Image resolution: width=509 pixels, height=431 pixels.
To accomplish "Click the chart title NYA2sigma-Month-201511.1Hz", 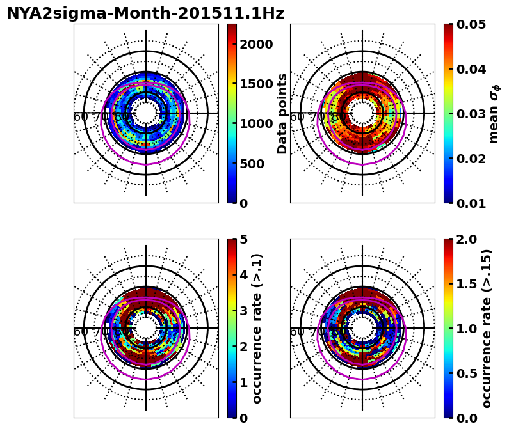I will pos(145,13).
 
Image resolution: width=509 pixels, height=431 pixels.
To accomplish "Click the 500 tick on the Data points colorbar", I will pos(251,164).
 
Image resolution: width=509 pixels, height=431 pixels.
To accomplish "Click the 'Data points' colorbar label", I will pos(282,113).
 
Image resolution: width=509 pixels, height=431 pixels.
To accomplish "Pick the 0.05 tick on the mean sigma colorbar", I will pos(471,24).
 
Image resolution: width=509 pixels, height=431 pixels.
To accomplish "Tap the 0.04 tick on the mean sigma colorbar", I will pos(471,69).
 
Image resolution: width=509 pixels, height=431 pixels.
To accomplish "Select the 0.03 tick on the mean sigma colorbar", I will pos(471,114).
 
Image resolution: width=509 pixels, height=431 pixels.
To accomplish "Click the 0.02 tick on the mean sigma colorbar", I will pos(471,159).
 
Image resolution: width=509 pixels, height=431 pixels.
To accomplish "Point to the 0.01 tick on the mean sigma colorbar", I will pos(471,203).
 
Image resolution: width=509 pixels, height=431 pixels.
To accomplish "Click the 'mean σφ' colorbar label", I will pos(494,113).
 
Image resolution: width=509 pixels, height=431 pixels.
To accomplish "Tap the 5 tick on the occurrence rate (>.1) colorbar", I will pos(244,239).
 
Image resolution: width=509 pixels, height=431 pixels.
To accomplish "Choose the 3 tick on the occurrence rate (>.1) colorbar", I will pos(244,311).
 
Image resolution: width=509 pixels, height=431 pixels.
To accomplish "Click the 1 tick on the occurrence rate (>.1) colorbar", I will pos(244,382).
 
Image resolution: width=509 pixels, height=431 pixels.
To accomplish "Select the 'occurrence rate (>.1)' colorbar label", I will pos(257,328).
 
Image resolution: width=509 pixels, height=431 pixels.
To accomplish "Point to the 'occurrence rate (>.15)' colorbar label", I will pos(487,328).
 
